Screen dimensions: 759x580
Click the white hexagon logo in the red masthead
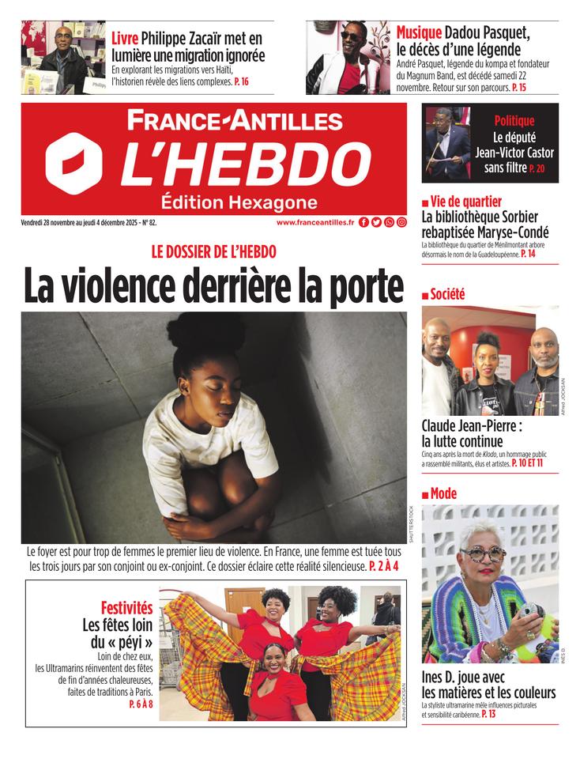(x=75, y=163)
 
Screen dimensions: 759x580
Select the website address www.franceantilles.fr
(x=315, y=223)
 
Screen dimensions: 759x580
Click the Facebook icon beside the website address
(x=363, y=223)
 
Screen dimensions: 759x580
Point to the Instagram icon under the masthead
(x=401, y=223)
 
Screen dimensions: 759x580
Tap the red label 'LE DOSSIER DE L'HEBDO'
(x=213, y=251)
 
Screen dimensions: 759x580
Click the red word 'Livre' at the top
(x=125, y=39)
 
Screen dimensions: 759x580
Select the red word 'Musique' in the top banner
(x=419, y=33)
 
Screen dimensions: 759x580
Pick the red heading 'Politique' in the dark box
(x=514, y=121)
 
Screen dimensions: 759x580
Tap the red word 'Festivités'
(x=126, y=608)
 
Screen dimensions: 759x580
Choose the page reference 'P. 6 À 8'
(x=141, y=704)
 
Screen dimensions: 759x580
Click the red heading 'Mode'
(x=443, y=494)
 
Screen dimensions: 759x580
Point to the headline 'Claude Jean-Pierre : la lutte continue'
(x=472, y=432)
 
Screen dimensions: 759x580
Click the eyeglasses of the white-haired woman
(x=483, y=553)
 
